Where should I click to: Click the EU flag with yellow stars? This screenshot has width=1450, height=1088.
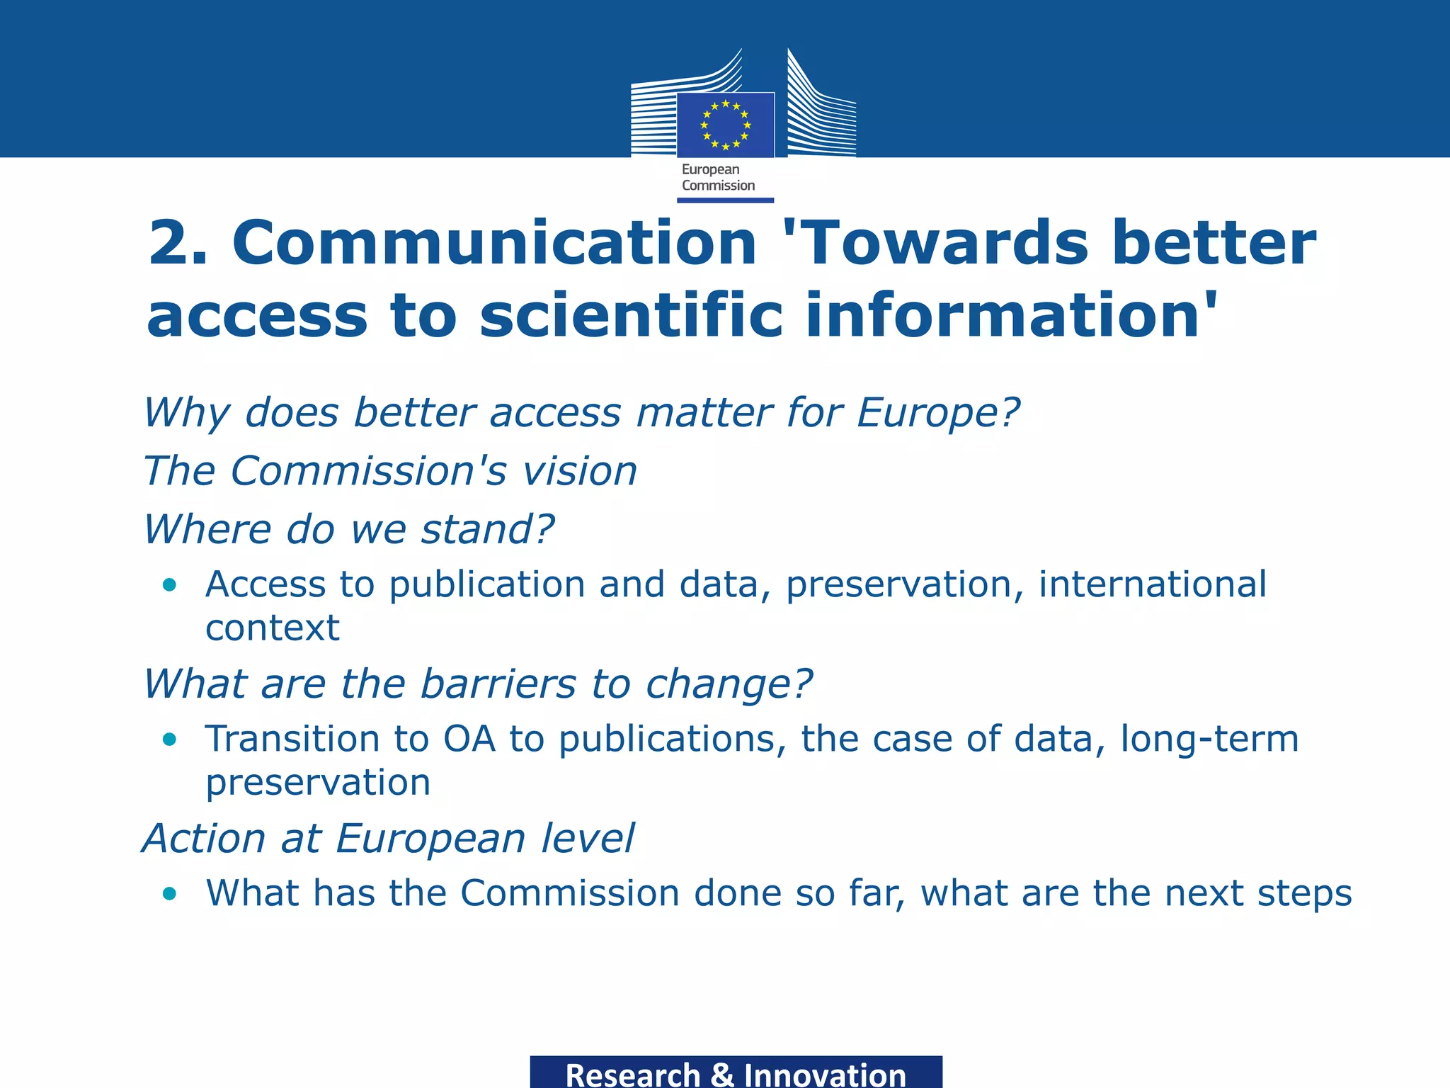[725, 125]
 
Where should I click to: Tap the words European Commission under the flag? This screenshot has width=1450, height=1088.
[718, 178]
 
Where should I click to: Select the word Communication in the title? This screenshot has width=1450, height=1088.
[494, 243]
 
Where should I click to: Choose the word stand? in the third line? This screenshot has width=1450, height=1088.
[488, 529]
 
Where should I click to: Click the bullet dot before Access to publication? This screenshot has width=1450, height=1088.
[169, 585]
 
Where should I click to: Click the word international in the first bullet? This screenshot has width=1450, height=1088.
[1152, 584]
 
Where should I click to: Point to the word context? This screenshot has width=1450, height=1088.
[273, 628]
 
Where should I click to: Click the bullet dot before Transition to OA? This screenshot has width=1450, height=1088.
[169, 739]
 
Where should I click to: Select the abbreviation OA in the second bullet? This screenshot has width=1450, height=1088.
[469, 739]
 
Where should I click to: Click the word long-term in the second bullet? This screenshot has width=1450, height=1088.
[1209, 739]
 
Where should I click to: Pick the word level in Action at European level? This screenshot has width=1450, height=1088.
[587, 839]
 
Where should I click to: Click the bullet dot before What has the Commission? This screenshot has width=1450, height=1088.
[169, 894]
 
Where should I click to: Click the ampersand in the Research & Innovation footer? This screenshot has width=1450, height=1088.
[721, 1075]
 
